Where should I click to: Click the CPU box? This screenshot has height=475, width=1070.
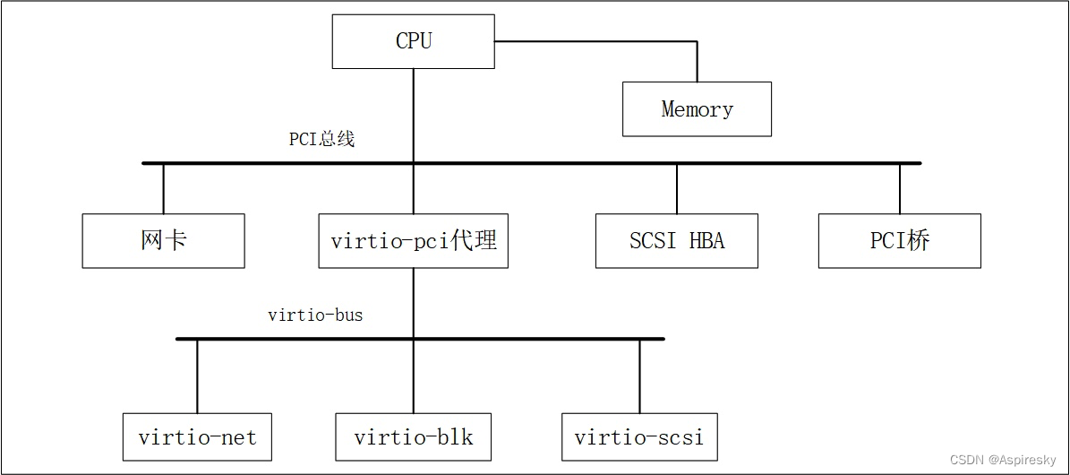click(413, 41)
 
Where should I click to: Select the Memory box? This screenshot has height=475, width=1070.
click(697, 109)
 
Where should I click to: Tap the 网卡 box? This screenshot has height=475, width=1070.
click(163, 240)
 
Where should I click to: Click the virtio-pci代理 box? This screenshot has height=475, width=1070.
click(413, 240)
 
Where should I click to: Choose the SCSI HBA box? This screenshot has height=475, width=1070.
click(676, 240)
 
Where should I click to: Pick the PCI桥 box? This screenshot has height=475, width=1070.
click(899, 240)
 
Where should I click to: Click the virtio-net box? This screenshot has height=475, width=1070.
click(197, 437)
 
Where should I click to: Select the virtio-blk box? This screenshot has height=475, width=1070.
click(413, 437)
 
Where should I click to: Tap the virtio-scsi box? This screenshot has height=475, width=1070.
click(639, 437)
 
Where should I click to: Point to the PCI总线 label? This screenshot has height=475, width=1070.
click(321, 139)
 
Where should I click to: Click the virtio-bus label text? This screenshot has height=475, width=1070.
click(315, 315)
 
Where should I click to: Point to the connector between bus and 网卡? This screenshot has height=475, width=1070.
click(163, 188)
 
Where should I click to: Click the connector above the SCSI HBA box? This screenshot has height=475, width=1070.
click(676, 188)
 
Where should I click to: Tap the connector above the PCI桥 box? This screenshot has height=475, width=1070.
click(899, 188)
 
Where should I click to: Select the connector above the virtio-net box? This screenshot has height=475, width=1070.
click(197, 376)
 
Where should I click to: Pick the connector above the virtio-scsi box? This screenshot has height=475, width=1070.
click(639, 376)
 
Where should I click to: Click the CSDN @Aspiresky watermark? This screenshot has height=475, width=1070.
click(1002, 460)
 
